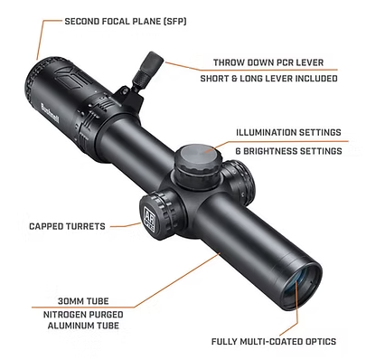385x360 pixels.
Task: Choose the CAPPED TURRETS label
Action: click(x=68, y=226)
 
